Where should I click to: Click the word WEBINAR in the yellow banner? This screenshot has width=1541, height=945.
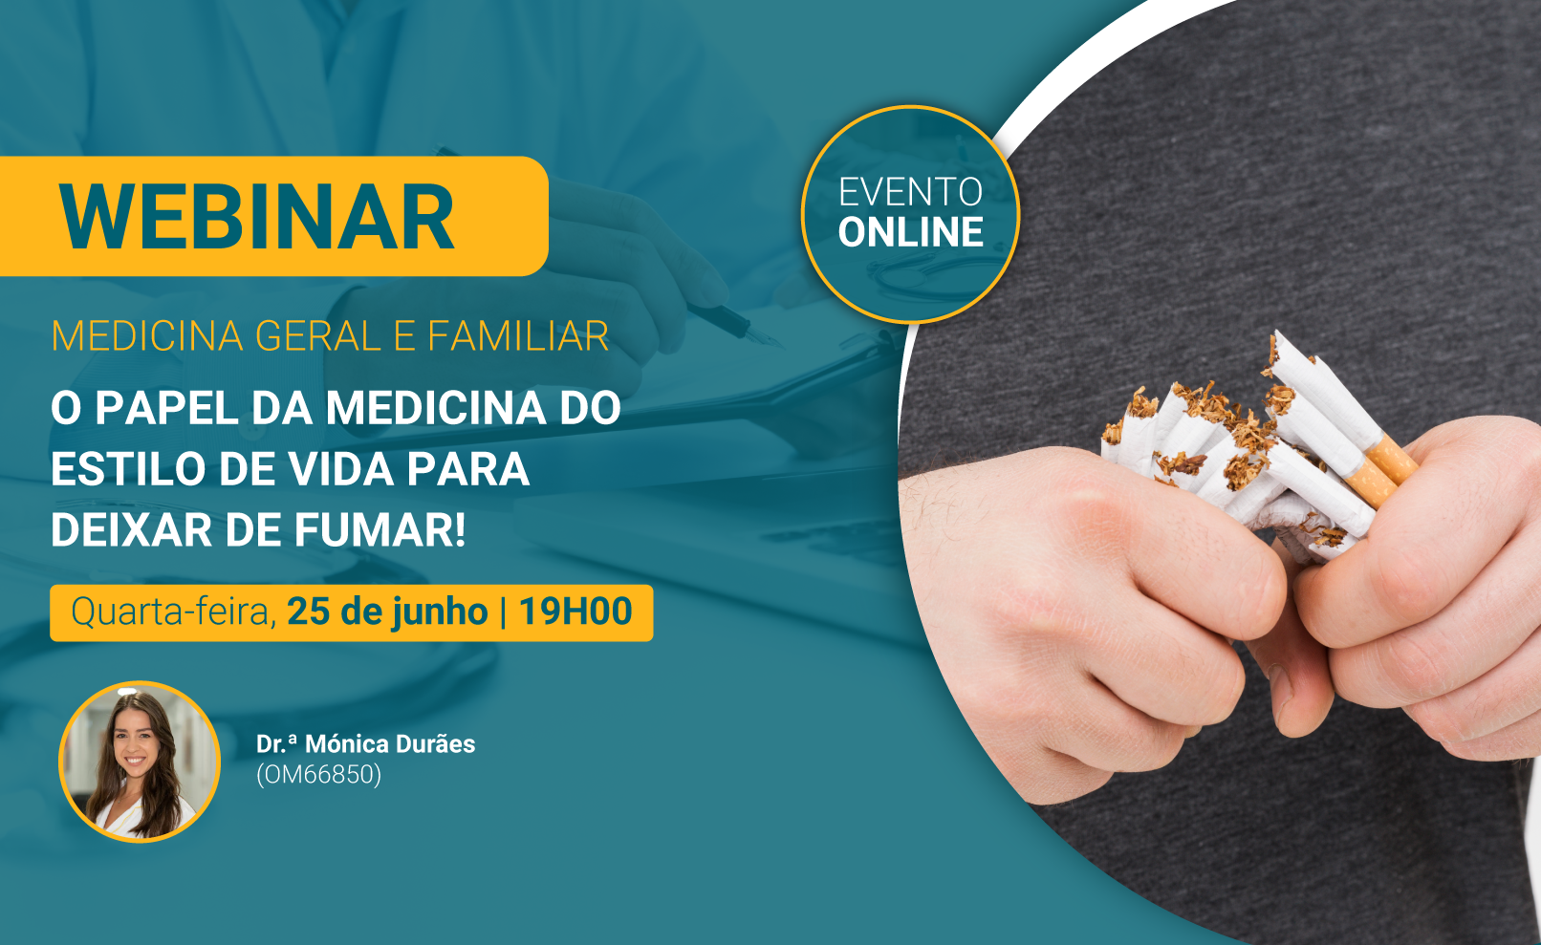point(256,217)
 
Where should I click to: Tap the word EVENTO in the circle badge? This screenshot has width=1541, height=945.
point(910,192)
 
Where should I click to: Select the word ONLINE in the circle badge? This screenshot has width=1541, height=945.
point(910,232)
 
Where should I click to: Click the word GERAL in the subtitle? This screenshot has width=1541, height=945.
point(317,336)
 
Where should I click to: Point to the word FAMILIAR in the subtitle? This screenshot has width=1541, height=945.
point(518,336)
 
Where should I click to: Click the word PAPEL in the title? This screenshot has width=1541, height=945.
point(165,409)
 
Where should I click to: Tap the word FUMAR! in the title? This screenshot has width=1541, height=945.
point(380,529)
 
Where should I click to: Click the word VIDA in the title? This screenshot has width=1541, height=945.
point(340,469)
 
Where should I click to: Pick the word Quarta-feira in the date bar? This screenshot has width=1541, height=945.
point(173,612)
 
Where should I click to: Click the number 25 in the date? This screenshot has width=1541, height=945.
point(310,612)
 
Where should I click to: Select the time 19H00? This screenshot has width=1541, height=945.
point(575,612)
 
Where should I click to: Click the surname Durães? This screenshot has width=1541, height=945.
point(437,744)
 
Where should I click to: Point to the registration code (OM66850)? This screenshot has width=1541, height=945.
point(318,775)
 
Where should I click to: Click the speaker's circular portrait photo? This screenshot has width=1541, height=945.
point(140,762)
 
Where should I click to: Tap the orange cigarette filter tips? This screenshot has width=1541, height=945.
point(1381,470)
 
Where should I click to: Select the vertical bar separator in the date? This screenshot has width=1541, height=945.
point(504,612)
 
